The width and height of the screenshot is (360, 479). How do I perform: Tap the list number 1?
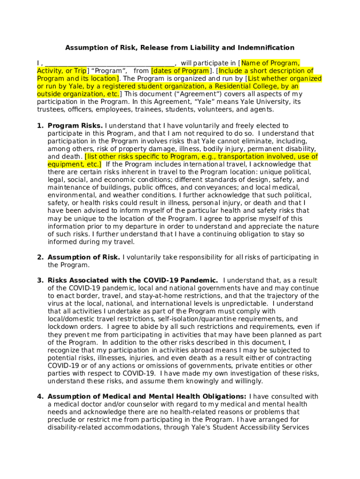pos(40,126)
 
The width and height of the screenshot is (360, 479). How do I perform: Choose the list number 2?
pos(40,257)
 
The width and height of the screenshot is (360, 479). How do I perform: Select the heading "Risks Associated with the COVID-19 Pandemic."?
pos(133,281)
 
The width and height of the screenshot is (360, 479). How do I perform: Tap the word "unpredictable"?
pos(243,304)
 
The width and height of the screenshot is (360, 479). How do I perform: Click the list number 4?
pos(40,397)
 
